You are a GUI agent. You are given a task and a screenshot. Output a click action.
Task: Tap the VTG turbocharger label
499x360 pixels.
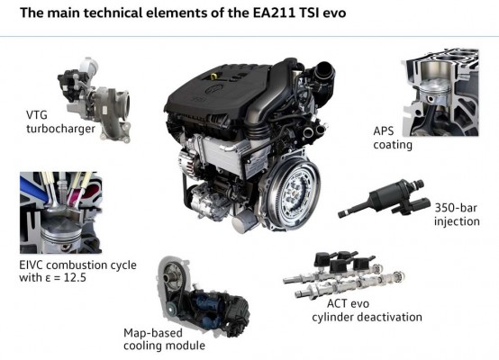(x=60, y=121)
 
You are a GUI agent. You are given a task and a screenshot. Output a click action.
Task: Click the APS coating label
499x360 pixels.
(x=393, y=138)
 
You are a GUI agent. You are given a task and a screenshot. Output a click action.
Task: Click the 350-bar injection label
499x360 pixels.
(x=457, y=215)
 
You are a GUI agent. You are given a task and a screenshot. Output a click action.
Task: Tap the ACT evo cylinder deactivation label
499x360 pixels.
(x=367, y=310)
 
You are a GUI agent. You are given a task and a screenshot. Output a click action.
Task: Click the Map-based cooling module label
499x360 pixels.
(x=164, y=339)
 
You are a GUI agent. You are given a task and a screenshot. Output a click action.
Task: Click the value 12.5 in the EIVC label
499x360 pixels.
(x=75, y=277)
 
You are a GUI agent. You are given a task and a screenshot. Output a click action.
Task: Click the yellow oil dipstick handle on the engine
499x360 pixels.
(x=214, y=76)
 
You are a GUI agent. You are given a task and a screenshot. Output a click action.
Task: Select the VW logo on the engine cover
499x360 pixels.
(x=213, y=89)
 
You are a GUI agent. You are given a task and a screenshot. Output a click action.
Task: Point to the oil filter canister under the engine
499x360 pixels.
(x=245, y=220)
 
